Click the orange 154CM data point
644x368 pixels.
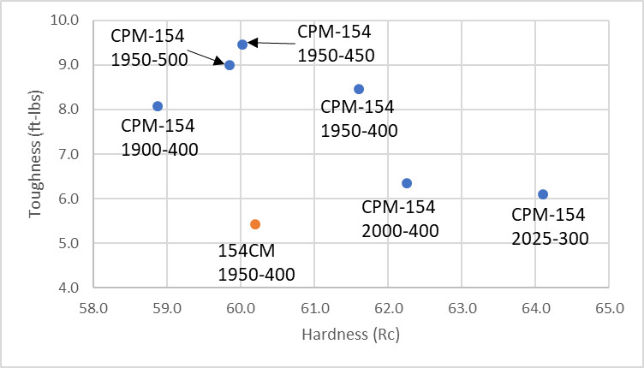click(255, 224)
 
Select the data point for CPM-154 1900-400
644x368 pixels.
click(158, 106)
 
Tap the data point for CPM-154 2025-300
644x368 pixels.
click(543, 194)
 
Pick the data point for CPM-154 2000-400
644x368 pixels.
click(407, 183)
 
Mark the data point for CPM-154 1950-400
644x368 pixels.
click(359, 89)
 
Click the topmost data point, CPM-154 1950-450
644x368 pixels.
click(242, 45)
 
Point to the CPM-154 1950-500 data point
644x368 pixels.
click(230, 65)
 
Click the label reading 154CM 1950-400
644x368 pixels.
click(256, 263)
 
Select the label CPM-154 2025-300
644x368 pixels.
click(549, 226)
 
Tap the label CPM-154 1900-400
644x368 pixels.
click(158, 138)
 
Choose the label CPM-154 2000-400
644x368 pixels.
click(400, 219)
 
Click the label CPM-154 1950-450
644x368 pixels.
click(335, 44)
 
